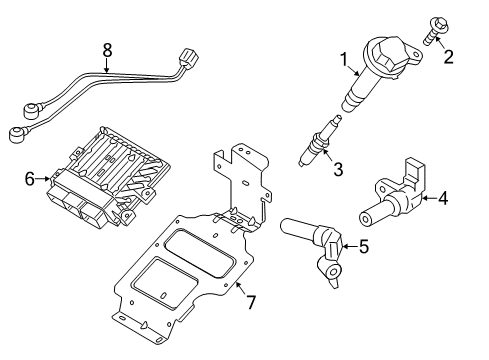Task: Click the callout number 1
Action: [345, 63]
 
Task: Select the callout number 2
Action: [449, 56]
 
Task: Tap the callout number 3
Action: [337, 170]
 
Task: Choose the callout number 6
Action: [29, 179]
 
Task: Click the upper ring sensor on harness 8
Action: [27, 100]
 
